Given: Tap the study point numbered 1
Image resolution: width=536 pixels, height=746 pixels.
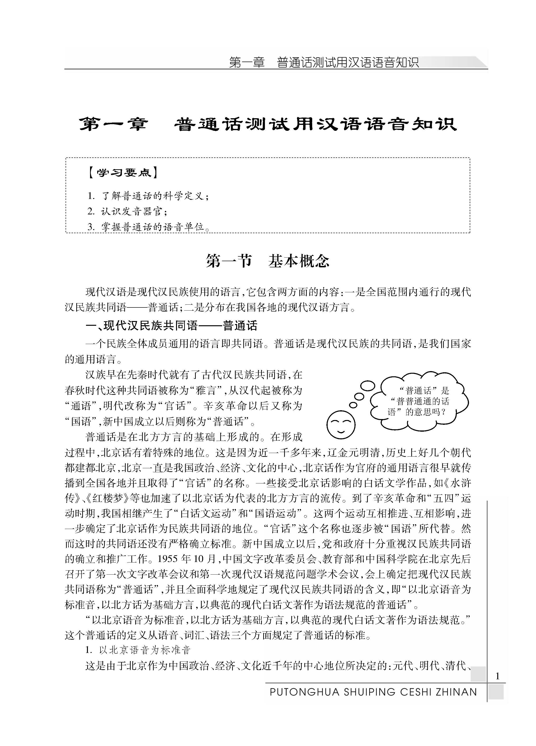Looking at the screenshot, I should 148,196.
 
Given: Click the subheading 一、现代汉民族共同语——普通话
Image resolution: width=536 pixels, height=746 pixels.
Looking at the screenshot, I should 171,326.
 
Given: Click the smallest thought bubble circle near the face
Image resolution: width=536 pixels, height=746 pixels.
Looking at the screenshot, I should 353,405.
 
